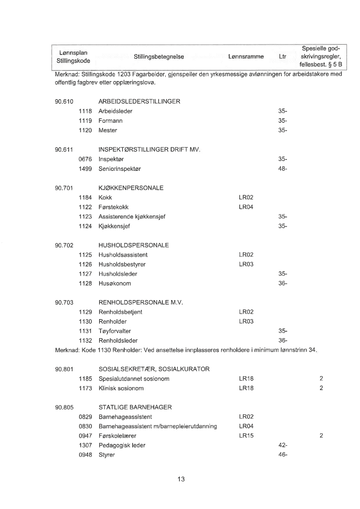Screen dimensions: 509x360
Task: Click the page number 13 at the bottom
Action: coord(181,479)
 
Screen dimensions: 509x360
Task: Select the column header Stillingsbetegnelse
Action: coord(159,57)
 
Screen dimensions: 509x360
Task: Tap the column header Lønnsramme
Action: coord(245,57)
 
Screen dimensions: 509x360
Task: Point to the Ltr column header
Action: coord(282,57)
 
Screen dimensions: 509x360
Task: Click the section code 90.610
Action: coord(64,102)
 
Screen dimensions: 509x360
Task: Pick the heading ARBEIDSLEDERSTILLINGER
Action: coord(139,102)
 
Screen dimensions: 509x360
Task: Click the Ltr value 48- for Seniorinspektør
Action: coord(282,169)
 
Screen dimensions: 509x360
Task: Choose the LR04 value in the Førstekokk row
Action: coord(246,207)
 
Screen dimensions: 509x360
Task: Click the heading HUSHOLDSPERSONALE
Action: coord(133,245)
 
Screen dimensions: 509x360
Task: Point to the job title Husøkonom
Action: coord(115,284)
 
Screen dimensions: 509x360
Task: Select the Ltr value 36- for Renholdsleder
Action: coord(282,341)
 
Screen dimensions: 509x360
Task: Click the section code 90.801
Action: coord(64,369)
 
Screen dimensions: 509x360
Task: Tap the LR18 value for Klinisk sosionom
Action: coord(246,388)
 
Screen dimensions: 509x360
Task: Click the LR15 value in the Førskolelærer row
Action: coord(246,436)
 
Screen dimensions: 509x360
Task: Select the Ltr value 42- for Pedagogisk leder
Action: coord(282,445)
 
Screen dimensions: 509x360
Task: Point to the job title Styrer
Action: coord(107,455)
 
